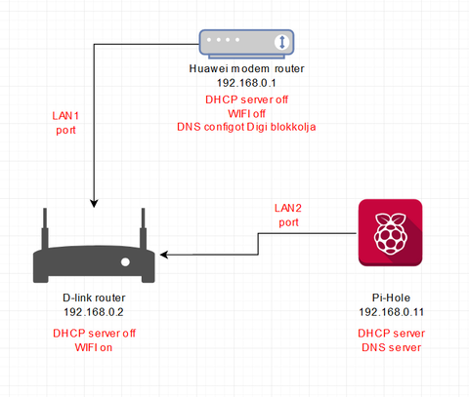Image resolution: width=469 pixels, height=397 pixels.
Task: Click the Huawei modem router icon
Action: click(246, 44)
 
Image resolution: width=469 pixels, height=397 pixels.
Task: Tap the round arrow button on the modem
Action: click(282, 42)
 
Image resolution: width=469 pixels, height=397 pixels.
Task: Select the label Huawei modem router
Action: click(246, 68)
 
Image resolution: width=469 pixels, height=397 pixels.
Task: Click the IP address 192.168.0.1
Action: click(246, 83)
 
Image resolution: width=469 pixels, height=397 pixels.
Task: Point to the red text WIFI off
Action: click(246, 113)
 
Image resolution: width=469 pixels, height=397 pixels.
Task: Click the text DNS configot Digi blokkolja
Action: click(246, 127)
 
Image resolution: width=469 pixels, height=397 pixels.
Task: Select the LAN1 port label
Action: click(65, 123)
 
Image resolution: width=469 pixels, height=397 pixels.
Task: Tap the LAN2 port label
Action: click(288, 215)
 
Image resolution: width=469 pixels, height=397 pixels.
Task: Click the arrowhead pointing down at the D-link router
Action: click(94, 204)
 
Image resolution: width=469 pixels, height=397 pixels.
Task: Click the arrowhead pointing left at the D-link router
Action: click(164, 255)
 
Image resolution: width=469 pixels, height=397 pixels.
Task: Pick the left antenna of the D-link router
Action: click(45, 228)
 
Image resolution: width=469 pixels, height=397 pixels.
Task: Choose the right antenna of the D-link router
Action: click(143, 228)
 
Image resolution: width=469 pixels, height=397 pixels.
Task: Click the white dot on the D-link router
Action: click(125, 262)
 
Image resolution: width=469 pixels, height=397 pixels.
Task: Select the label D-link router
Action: click(94, 298)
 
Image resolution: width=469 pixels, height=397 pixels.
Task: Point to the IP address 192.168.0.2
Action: click(94, 312)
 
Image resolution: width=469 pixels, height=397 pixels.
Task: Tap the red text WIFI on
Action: click(94, 347)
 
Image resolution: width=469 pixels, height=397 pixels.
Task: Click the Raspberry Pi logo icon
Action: click(390, 233)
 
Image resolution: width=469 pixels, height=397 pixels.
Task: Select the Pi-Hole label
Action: click(391, 298)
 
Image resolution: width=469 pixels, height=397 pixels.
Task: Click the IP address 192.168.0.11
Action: click(391, 312)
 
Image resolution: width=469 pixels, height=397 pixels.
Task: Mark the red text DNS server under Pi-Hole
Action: click(391, 347)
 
